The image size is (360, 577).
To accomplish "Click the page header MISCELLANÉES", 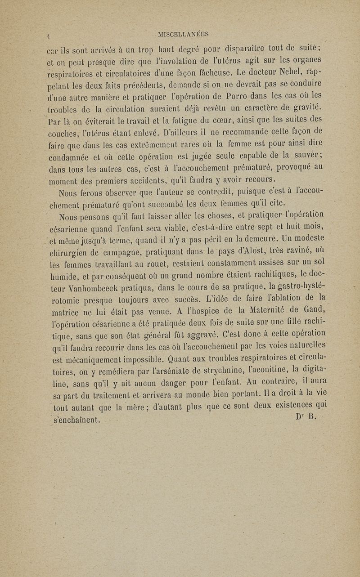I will tap(183, 34).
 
